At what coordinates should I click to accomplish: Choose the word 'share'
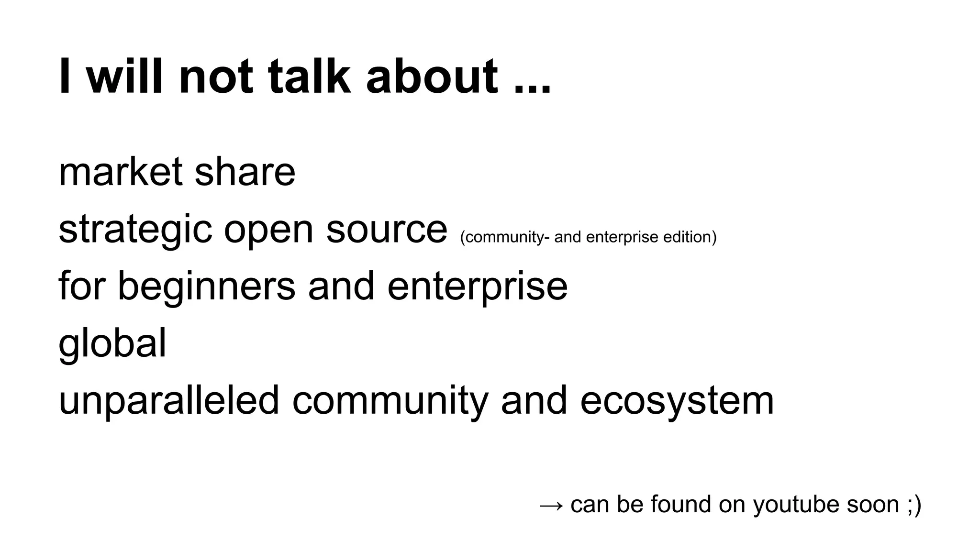(x=245, y=172)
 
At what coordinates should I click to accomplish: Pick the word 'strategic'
(x=135, y=230)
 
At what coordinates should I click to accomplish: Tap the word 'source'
(x=387, y=230)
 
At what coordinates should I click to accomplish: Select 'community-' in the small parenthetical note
(x=504, y=237)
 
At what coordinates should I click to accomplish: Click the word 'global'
(x=112, y=343)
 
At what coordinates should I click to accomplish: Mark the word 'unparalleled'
(x=168, y=400)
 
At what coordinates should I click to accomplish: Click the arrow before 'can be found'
(x=551, y=505)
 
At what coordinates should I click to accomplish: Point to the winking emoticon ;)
(x=913, y=505)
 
